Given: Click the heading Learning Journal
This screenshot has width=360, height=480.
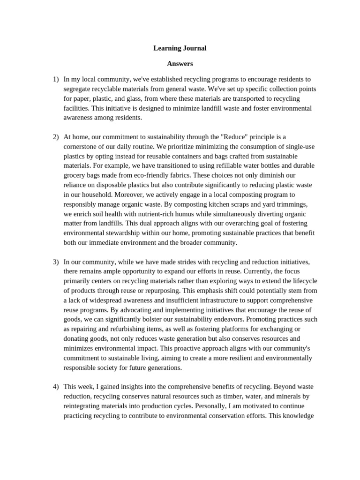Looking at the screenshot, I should pos(180,48).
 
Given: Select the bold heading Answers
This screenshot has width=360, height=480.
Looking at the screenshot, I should pos(180,63).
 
